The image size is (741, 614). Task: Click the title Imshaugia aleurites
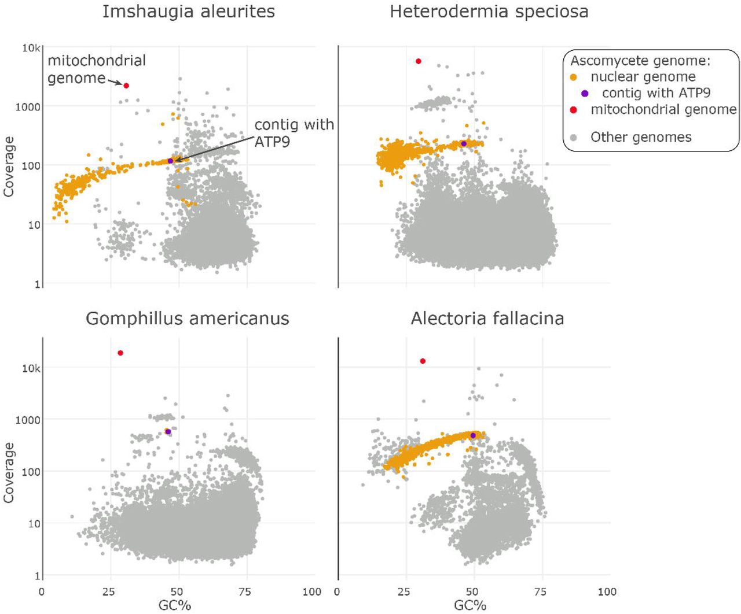[x=188, y=12]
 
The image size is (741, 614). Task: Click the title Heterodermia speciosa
[x=489, y=12]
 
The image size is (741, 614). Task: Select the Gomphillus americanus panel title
[x=188, y=319]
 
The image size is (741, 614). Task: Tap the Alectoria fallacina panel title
[x=487, y=319]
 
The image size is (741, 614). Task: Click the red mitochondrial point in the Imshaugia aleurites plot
[x=126, y=86]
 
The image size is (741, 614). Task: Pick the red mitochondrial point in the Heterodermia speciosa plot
[x=419, y=61]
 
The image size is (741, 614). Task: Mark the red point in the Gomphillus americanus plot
[x=120, y=353]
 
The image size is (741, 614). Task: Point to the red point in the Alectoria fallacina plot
[x=423, y=361]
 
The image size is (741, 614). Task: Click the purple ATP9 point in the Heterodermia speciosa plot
[x=464, y=143]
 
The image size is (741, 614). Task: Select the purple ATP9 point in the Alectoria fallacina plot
[x=473, y=435]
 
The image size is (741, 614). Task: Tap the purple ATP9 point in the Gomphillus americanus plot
[x=168, y=432]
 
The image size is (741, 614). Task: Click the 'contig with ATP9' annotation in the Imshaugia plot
[x=294, y=133]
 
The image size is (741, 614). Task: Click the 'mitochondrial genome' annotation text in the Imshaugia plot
[x=96, y=69]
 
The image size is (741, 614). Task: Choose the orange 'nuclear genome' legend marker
[x=574, y=77]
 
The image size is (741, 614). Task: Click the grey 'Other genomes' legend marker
[x=574, y=138]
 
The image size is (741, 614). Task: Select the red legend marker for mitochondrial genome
[x=574, y=110]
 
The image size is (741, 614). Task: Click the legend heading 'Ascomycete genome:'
[x=640, y=61]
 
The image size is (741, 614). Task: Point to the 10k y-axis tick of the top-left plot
[x=31, y=48]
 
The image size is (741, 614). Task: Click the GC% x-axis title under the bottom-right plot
[x=470, y=605]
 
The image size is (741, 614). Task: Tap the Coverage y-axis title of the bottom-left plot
[x=9, y=472]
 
